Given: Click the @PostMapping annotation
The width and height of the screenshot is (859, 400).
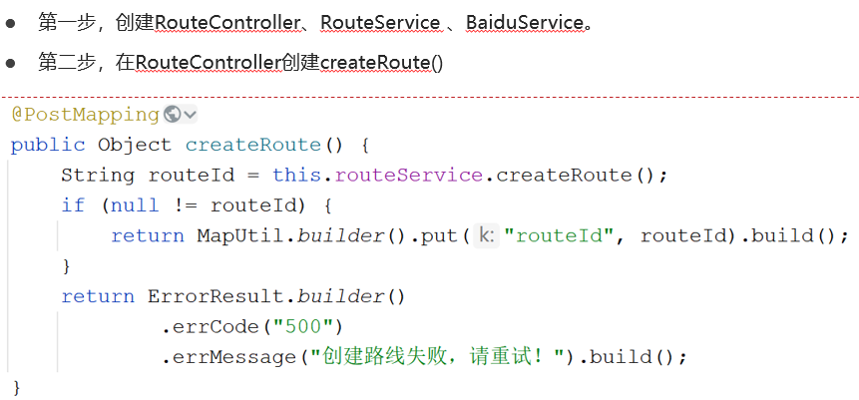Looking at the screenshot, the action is (85, 115).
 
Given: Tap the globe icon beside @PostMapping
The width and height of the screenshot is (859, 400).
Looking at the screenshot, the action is (171, 115).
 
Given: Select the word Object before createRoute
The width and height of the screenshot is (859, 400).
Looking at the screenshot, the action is (135, 145).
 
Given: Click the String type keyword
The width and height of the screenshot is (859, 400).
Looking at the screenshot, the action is (98, 176).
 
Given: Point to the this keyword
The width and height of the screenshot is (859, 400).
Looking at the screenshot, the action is (296, 176).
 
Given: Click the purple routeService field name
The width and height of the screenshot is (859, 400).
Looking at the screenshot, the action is (409, 176).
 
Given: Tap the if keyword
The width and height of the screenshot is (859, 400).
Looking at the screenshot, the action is (73, 205).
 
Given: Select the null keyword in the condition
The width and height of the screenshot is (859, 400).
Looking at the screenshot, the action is (135, 205).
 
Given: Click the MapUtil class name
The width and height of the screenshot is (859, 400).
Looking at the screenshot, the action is (233, 236).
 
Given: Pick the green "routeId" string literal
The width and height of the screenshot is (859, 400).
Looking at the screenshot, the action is (566, 236).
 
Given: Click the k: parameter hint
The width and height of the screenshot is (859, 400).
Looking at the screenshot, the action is (485, 236).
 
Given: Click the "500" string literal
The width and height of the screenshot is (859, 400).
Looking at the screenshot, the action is (309, 326).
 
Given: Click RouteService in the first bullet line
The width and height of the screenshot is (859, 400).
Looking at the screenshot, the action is (380, 21).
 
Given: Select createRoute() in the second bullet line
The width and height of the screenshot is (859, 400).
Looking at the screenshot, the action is (382, 63).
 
